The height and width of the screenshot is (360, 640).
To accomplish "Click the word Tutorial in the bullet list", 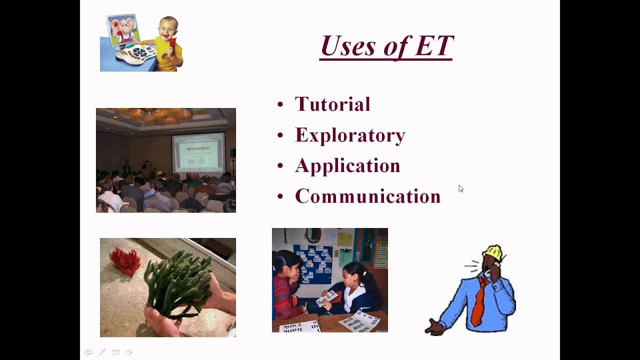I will (332, 104).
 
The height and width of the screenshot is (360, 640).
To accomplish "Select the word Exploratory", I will (350, 135).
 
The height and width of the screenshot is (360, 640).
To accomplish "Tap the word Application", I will (347, 166).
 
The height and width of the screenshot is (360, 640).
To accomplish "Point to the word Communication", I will (367, 196).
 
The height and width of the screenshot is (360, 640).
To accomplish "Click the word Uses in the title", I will (348, 46).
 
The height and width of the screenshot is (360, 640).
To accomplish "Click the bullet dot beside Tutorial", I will (280, 104).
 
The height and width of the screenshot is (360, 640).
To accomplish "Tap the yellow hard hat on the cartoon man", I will (493, 252).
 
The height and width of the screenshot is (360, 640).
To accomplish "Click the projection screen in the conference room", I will (198, 152).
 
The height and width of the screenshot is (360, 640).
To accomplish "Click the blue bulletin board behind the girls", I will (313, 262).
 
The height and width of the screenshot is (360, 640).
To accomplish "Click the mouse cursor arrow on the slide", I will (460, 188).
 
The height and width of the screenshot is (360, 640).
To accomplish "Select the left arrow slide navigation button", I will (88, 352).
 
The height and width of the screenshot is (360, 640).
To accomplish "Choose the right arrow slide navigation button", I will (128, 352).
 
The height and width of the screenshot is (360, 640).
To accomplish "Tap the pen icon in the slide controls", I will (101, 352).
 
